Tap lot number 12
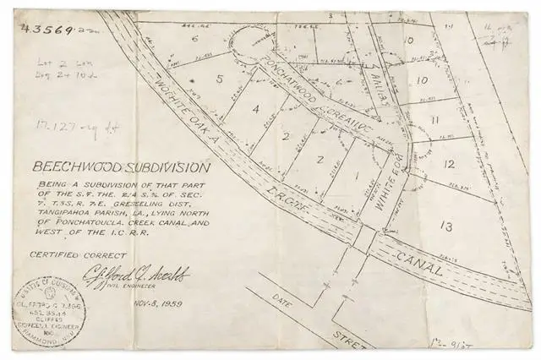coord(450,164)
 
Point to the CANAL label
coord(414,259)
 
